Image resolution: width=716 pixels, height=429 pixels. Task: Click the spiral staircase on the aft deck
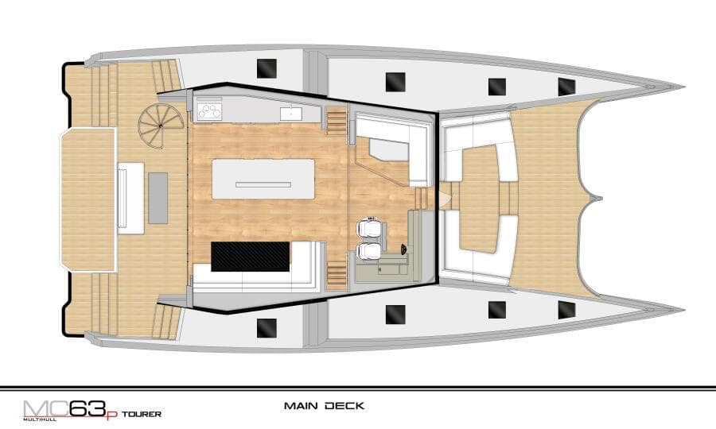(160, 126)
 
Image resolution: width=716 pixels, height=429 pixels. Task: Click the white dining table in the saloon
(263, 179)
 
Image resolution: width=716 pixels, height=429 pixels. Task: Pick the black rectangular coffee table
(251, 257)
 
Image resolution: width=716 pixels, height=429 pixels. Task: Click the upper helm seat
(369, 228)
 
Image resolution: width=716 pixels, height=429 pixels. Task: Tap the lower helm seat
(369, 251)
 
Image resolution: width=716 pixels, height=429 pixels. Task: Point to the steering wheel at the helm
(403, 249)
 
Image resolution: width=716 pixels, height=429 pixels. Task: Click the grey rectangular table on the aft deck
(158, 198)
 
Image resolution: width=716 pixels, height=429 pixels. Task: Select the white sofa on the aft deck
(131, 198)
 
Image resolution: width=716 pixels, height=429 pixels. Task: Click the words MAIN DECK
(325, 405)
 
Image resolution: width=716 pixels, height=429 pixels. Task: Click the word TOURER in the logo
(142, 414)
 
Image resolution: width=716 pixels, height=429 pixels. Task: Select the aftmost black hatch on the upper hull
(267, 68)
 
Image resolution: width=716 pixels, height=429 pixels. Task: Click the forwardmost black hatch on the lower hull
(566, 310)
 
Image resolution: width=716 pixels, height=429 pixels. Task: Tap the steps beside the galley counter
(337, 122)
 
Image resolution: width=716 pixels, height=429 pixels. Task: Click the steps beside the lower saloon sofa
(337, 274)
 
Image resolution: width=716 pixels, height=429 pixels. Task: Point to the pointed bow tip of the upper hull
(683, 87)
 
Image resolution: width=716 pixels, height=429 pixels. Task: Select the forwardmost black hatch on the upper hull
(566, 87)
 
